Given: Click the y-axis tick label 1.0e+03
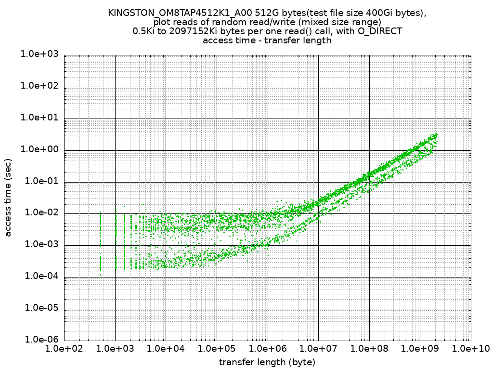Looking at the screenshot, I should (39, 54).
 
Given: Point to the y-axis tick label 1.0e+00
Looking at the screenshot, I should (39, 150).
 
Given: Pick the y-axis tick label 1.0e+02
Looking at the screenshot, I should (39, 86).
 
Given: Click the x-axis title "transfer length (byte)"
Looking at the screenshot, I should (267, 362).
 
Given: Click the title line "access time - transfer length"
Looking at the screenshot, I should (267, 40).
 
